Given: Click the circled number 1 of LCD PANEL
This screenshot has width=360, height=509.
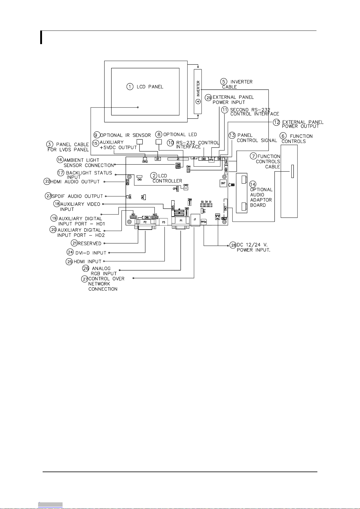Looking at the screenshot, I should [x=130, y=87].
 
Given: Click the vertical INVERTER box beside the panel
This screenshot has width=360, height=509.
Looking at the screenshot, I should [x=198, y=92].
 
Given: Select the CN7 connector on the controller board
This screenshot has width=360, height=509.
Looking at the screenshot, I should [x=223, y=183].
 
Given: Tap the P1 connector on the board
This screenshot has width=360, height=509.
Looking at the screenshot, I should [x=181, y=221].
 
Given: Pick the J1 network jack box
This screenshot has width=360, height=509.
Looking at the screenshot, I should [x=195, y=221].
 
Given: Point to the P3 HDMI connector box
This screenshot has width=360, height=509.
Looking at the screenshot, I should [x=164, y=222].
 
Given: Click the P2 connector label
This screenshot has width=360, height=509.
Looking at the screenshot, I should [x=145, y=222].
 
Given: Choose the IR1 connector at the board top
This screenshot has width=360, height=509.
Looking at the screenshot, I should [x=157, y=159].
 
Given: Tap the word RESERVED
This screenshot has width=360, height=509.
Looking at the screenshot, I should [x=89, y=243].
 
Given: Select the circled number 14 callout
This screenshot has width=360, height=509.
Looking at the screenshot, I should [x=253, y=184].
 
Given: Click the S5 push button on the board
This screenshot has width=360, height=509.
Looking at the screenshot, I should [x=202, y=205].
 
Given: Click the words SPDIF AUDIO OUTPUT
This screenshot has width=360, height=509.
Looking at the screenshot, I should [x=77, y=196].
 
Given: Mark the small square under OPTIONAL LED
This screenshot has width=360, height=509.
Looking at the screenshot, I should [x=158, y=142].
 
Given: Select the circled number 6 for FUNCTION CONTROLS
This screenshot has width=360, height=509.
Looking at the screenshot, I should [x=283, y=136].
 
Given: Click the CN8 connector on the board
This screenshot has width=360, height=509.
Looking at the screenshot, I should [x=203, y=159].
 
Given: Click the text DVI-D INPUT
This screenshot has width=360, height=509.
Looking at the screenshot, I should [x=91, y=253].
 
